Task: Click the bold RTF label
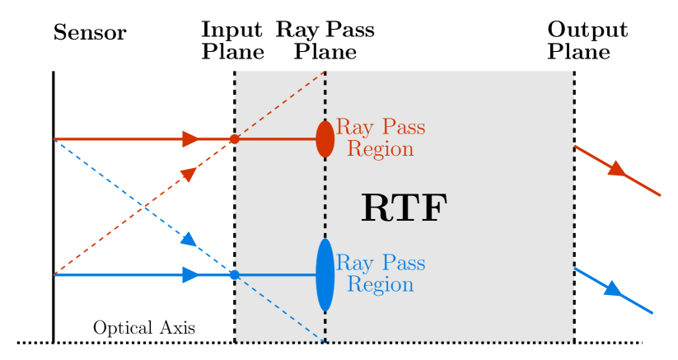click(x=404, y=208)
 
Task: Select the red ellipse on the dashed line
click(x=325, y=138)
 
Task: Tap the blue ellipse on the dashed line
click(x=325, y=275)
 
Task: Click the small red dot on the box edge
click(x=234, y=139)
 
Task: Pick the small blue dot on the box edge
click(x=234, y=275)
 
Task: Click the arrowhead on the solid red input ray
click(x=191, y=139)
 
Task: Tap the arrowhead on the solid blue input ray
click(x=191, y=275)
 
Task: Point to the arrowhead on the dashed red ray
click(x=189, y=174)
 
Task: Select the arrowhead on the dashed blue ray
click(x=189, y=239)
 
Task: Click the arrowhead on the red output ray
click(x=616, y=170)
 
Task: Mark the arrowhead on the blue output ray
click(x=612, y=289)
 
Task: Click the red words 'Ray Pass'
click(x=380, y=128)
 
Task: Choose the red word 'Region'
click(x=380, y=150)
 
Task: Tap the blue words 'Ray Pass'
click(x=380, y=264)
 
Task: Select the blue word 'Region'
click(x=380, y=285)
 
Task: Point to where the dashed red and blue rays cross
click(x=144, y=207)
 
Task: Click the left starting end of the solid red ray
click(x=55, y=139)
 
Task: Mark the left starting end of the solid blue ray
click(x=55, y=275)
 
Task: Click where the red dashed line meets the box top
click(x=325, y=72)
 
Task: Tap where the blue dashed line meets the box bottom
click(x=325, y=341)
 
